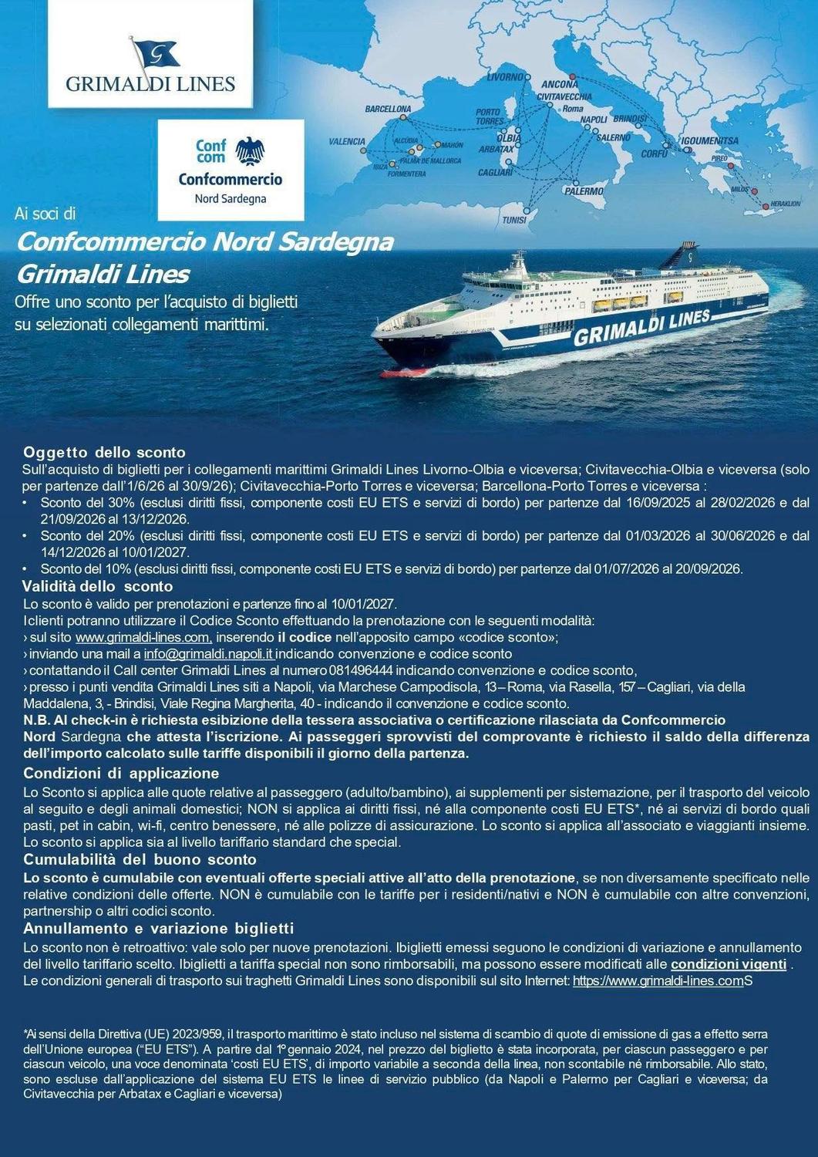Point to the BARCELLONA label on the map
388,110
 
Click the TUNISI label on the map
514,220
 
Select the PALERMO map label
584,191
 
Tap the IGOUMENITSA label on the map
709,141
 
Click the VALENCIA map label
347,142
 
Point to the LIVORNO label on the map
506,78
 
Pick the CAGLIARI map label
496,173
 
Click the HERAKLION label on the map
785,204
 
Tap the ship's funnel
690,255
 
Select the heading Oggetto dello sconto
104,452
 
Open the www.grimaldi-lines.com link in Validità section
143,637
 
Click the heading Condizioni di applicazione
121,773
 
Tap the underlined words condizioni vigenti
729,965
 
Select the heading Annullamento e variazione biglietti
158,928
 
